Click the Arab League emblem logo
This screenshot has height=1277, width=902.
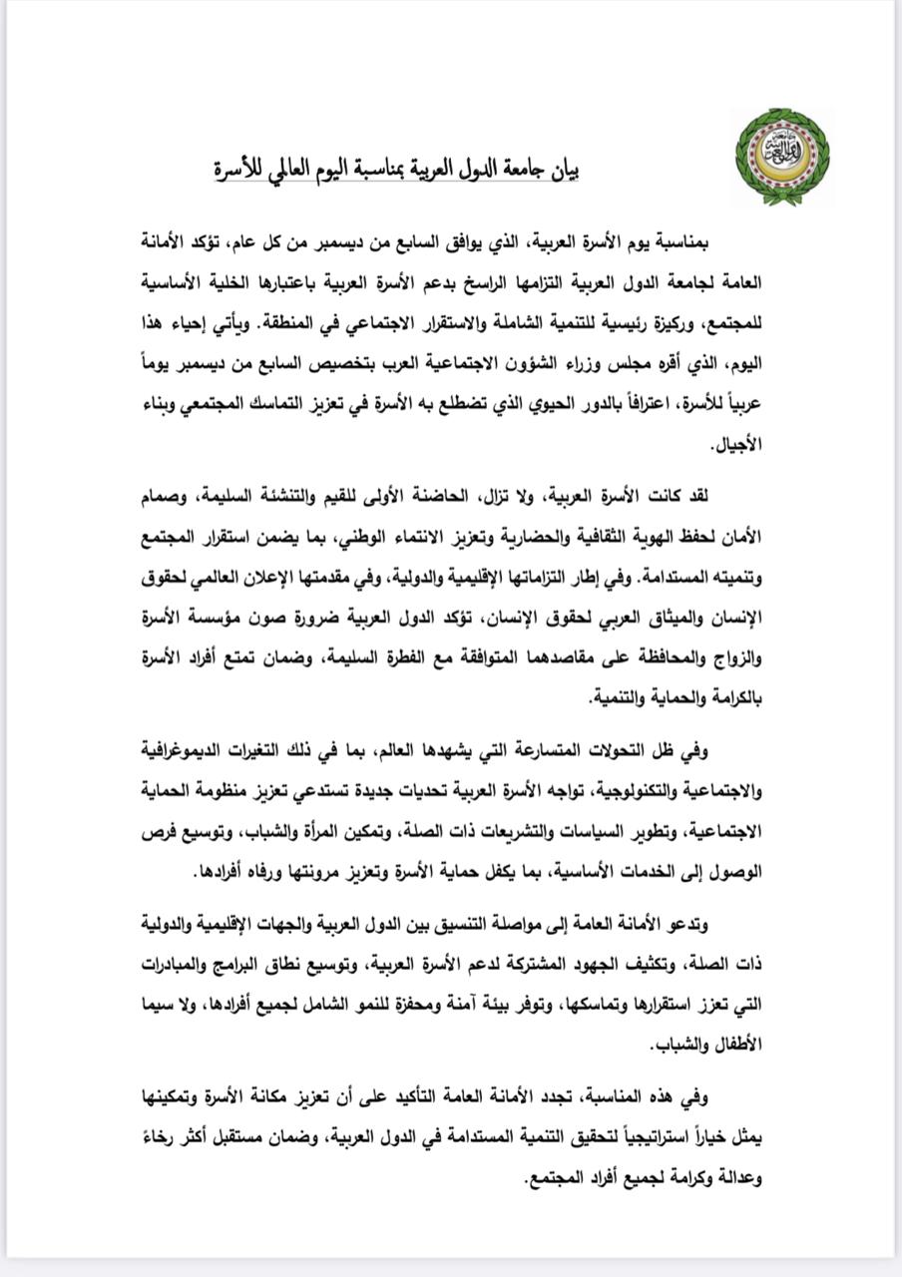(782, 157)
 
